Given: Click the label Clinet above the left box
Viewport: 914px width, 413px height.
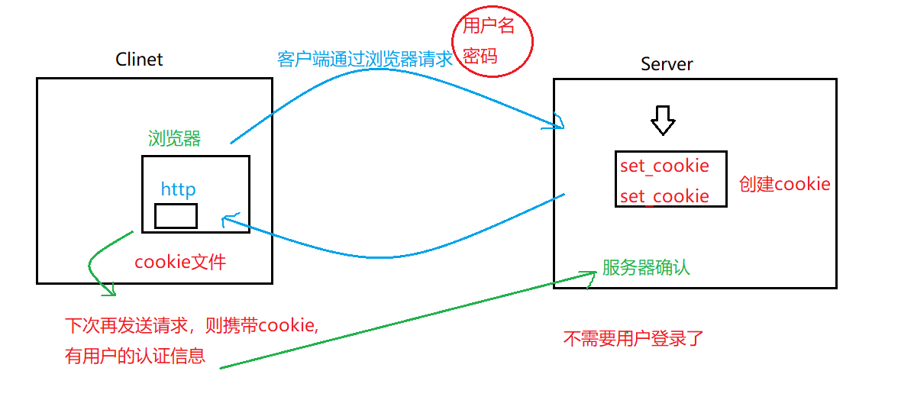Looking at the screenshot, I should pos(139,60).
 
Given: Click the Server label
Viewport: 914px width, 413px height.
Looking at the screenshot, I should pos(667,64).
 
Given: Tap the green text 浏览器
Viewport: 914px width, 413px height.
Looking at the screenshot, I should pos(174,138).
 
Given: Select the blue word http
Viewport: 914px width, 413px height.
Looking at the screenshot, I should pos(178,189).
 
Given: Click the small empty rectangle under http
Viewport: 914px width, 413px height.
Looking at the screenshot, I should pos(176,216).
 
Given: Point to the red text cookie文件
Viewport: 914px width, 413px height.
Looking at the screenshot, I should pos(180,262).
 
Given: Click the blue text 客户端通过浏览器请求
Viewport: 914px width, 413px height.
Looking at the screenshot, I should pos(365,60).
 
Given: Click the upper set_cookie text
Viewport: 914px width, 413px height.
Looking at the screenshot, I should pos(664,166).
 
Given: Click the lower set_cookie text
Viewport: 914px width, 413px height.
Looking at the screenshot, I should pos(664,196).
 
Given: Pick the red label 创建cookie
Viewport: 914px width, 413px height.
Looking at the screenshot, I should pos(784,184).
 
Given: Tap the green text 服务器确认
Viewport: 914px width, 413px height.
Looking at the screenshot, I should pos(646,268).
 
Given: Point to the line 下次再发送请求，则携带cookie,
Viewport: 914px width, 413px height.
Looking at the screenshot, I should pos(192,325).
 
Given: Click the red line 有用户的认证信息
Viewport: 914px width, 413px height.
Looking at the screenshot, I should pos(135,356).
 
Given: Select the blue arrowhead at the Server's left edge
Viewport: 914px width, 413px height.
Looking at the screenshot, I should pos(559,123).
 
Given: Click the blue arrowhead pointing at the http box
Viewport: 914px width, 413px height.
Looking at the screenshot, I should pos(227,220).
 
